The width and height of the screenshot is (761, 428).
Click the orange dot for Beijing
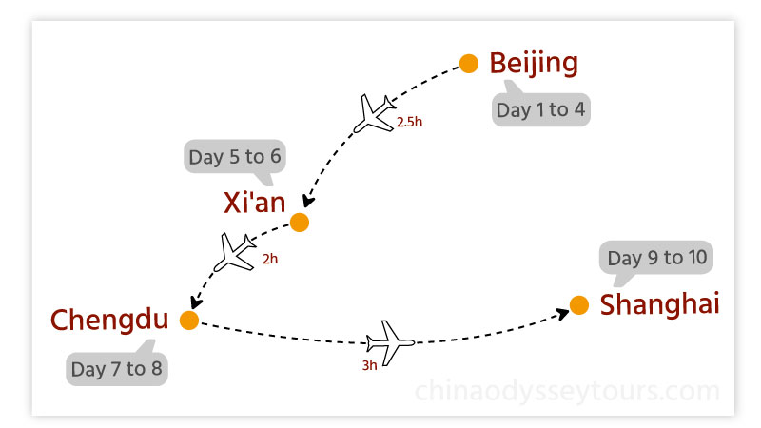469,64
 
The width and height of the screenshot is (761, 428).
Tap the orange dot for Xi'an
300,223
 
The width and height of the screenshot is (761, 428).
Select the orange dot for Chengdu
189,321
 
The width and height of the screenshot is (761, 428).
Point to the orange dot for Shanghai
579,305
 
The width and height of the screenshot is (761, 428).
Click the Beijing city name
533,64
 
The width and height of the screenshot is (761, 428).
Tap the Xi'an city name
254,203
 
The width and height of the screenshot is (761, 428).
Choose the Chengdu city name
110,319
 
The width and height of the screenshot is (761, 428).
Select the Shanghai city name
659,305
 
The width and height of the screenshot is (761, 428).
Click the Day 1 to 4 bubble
541,109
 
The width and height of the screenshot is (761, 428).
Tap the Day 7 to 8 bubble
117,367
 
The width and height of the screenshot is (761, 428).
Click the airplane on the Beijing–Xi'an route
374,114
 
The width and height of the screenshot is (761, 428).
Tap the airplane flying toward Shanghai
390,339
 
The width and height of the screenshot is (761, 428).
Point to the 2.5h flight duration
408,123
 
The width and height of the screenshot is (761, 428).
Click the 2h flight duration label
270,257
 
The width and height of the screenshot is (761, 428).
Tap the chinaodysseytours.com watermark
567,390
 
